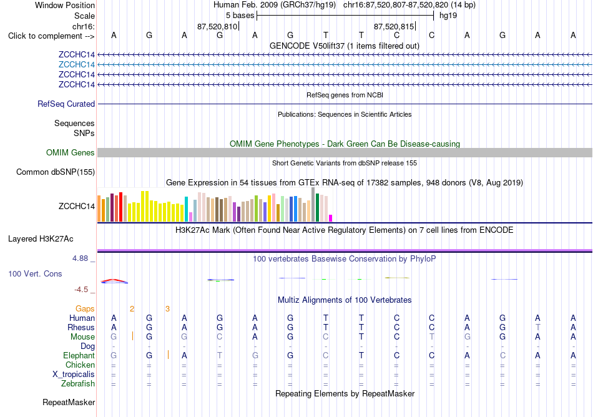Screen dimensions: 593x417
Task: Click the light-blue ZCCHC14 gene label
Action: (76, 65)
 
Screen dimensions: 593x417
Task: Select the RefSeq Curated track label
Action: (66, 104)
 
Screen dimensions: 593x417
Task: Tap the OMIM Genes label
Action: (71, 153)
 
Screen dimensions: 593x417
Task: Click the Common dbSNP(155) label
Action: (56, 172)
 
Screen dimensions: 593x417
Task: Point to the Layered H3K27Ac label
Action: (41, 239)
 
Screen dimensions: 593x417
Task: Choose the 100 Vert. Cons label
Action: (35, 273)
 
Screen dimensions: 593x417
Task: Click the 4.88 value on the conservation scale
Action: (80, 258)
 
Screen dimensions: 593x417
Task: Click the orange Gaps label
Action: (85, 309)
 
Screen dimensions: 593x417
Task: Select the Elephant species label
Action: (79, 356)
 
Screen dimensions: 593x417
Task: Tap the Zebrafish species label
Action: (78, 384)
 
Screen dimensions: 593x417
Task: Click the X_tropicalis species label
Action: (74, 375)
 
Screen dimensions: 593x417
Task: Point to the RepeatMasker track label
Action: (69, 402)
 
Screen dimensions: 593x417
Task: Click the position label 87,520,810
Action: (217, 26)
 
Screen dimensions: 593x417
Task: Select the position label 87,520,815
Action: (394, 26)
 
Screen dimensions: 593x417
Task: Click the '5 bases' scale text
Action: (240, 16)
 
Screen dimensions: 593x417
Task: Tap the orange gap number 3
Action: (167, 309)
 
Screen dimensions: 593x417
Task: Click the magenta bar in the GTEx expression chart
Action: (331, 218)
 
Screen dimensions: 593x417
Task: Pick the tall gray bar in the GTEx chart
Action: (313, 205)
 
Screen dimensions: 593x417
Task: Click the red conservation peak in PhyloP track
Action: (114, 280)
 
